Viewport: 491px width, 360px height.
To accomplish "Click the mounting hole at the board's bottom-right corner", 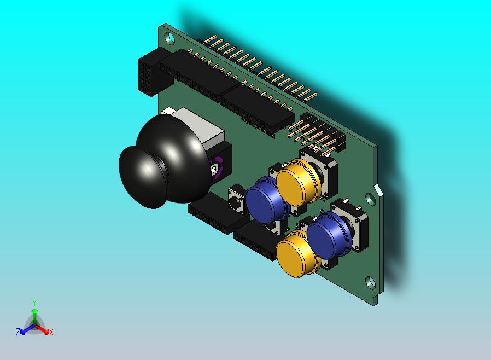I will pos(370,283).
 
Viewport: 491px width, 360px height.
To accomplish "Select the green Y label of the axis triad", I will pos(34,303).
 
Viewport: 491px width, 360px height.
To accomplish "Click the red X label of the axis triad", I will pos(51,332).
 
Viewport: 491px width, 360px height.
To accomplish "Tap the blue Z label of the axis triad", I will pos(18,332).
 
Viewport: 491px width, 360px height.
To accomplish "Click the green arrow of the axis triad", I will pos(34,315).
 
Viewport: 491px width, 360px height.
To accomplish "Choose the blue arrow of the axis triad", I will pos(25,329).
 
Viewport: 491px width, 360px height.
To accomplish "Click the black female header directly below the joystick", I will pos(211,215).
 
